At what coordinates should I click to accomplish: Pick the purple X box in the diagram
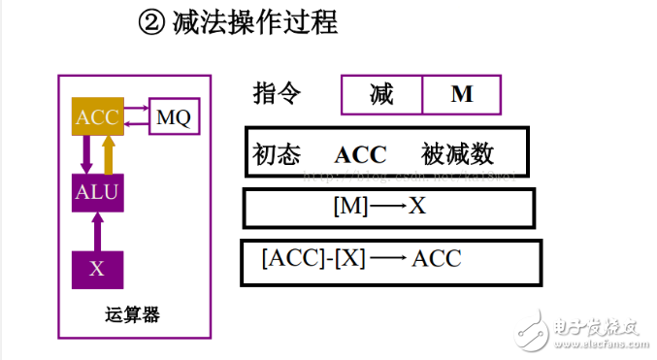point(97,269)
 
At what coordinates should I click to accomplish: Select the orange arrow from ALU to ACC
point(108,154)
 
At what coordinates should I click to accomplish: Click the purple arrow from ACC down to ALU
point(86,154)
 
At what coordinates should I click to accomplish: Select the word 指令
point(277,94)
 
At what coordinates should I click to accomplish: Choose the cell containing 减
point(381,95)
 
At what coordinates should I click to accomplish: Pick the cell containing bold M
point(462,95)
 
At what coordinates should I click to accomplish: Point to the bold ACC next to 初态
point(360,154)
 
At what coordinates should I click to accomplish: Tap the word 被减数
point(458,154)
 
